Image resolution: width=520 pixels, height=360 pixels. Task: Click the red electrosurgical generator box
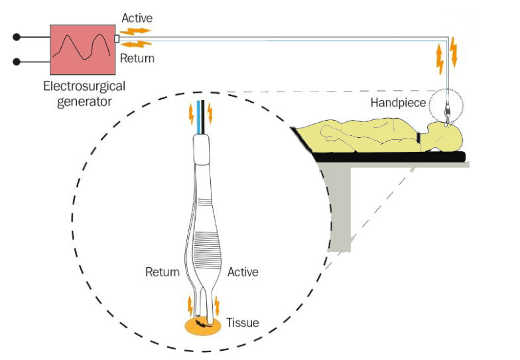tap(82, 50)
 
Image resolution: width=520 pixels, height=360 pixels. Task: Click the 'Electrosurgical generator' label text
tap(84, 93)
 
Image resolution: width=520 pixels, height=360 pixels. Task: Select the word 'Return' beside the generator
tap(137, 58)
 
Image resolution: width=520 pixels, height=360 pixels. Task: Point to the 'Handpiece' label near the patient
tap(398, 103)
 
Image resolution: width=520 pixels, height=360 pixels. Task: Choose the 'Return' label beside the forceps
tap(162, 272)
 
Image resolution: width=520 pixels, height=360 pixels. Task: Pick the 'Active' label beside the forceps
tap(243, 272)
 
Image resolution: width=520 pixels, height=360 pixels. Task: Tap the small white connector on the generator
tap(117, 39)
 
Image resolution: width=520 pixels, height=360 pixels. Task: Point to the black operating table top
tap(391, 156)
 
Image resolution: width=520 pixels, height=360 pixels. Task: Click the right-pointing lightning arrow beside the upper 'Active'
tap(139, 30)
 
